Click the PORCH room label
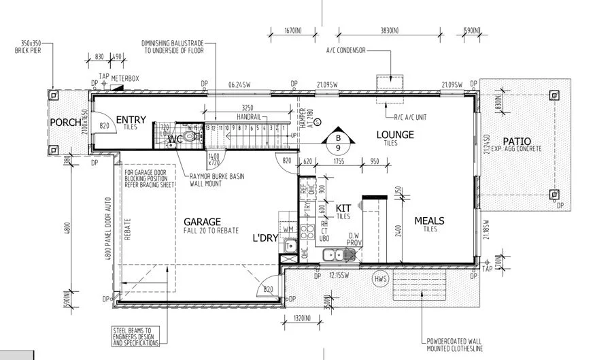pos(65,123)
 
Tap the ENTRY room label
pos(131,120)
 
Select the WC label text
pos(175,139)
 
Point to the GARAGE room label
pos(202,221)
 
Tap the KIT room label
pos(343,208)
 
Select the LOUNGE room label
pos(395,135)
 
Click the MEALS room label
pos(429,220)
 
